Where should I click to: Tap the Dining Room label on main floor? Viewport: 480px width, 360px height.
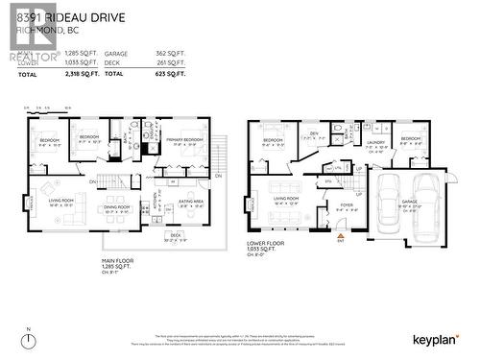(117, 205)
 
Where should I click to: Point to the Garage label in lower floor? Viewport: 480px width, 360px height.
(410, 203)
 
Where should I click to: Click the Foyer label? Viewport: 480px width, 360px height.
(346, 204)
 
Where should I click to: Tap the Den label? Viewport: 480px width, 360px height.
(313, 133)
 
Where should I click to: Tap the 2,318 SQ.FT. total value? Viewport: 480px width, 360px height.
(71, 73)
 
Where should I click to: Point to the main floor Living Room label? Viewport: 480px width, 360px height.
(61, 200)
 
